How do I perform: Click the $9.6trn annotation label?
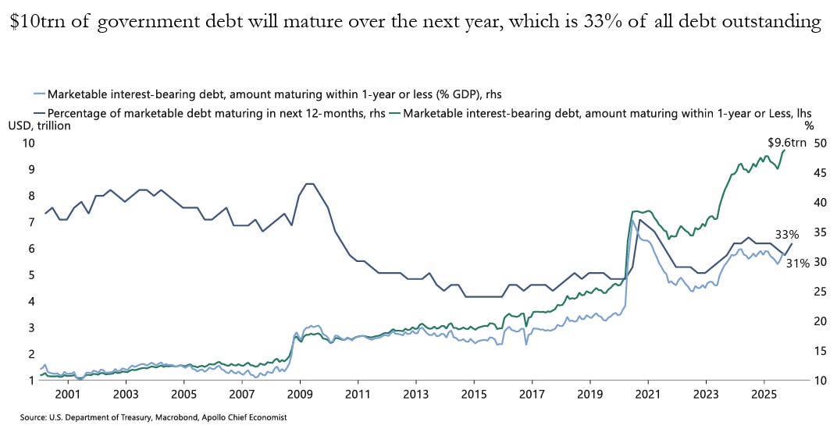point(787,143)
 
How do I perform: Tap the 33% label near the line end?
point(787,235)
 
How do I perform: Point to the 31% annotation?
point(797,262)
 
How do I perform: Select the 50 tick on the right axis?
point(819,143)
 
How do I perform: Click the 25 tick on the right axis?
point(819,291)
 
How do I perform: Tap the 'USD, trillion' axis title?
point(40,126)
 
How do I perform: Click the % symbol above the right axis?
point(809,126)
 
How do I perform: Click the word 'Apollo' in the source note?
point(200,417)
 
